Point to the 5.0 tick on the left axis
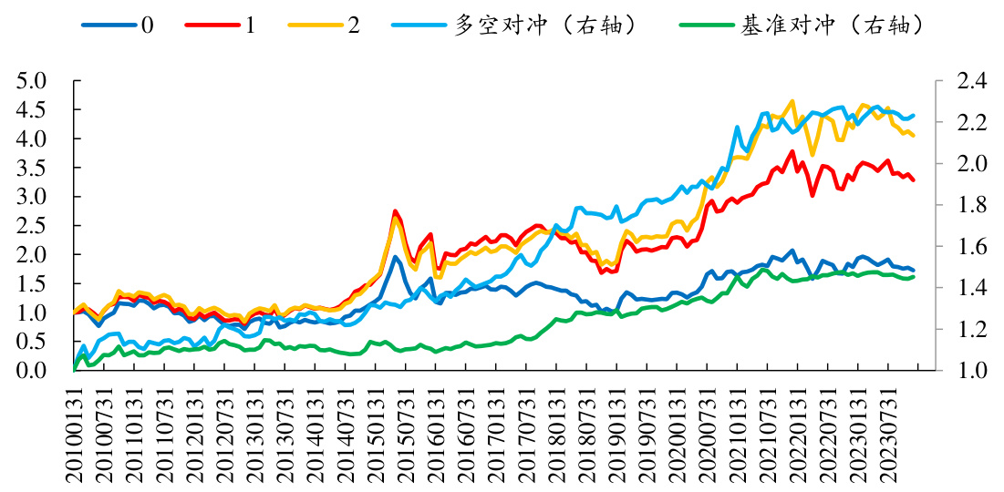[33, 81]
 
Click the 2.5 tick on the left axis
[33, 226]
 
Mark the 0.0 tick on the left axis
[33, 371]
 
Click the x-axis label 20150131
[377, 434]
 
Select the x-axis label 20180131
[557, 434]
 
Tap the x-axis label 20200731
[710, 434]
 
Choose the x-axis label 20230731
[891, 434]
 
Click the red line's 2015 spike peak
[395, 211]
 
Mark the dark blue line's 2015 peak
[395, 257]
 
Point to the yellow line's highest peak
[792, 101]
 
